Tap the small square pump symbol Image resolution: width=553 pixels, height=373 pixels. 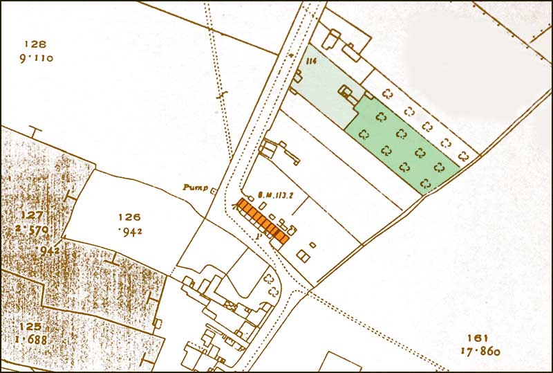pyautogui.click(x=214, y=191)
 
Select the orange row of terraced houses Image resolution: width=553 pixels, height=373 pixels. pyautogui.click(x=263, y=221)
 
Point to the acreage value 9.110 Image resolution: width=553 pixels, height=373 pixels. pyautogui.click(x=36, y=58)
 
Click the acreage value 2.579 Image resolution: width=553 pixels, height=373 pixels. pyautogui.click(x=32, y=229)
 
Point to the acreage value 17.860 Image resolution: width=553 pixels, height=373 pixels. pyautogui.click(x=478, y=352)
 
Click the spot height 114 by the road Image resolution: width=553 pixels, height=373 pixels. pyautogui.click(x=310, y=62)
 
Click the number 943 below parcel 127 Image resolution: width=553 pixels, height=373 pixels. pyautogui.click(x=50, y=249)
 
